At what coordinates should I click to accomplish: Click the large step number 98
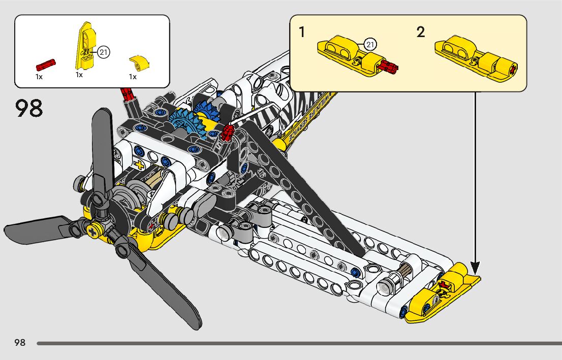point(29,108)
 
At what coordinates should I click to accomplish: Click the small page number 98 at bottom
point(20,343)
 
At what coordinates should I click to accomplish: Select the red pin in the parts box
point(46,64)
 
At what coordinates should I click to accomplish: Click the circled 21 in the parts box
point(104,52)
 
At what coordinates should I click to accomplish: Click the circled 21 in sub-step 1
point(370,45)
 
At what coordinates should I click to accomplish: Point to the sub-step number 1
point(302,32)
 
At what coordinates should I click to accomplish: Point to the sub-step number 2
point(420,32)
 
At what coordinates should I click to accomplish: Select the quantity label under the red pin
point(39,77)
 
